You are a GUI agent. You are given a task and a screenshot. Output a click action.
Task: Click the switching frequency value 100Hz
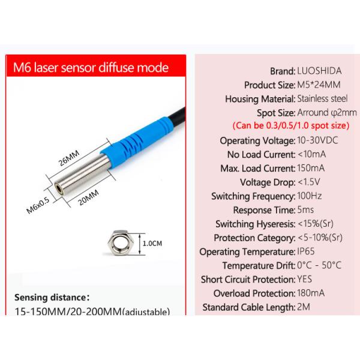(x=310, y=196)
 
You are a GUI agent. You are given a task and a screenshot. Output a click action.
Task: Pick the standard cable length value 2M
(x=304, y=307)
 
